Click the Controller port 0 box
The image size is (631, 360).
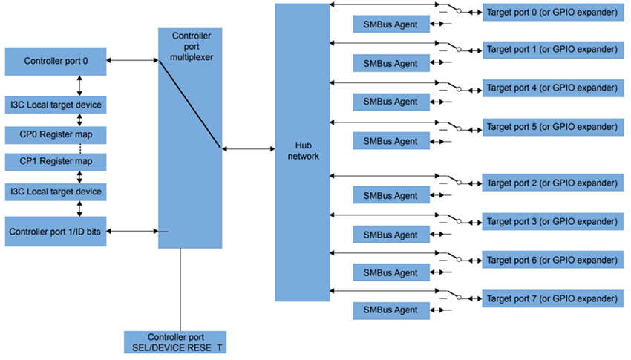(56, 61)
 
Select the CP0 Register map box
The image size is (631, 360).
(56, 134)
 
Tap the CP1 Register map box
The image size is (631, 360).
(56, 161)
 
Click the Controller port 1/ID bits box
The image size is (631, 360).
(56, 232)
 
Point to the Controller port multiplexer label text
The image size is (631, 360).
(189, 47)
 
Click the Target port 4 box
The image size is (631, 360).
(552, 88)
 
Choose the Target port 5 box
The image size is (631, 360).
(552, 126)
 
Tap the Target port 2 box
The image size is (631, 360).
(552, 182)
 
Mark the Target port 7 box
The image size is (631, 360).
(552, 298)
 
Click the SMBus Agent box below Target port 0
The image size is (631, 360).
(390, 24)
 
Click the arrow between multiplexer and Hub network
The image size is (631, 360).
(248, 149)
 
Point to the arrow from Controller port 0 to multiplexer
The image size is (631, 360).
(132, 60)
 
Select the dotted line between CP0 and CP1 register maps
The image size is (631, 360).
(79, 148)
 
